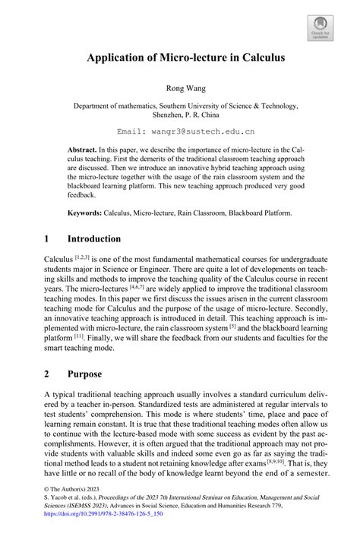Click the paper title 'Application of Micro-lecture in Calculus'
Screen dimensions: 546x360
coord(180,57)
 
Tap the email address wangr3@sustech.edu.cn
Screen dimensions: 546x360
coord(201,131)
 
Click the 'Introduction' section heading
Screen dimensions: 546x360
coord(93,238)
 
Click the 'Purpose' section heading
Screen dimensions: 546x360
coord(84,375)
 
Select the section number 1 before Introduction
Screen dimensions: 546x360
coord(47,238)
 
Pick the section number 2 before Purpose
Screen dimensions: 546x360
coord(47,375)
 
